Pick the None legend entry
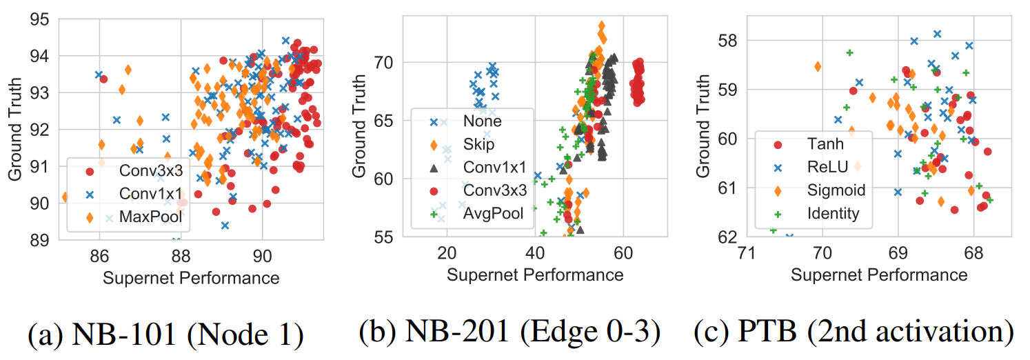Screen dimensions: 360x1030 pos(483,121)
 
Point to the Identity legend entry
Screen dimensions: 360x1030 pos(833,213)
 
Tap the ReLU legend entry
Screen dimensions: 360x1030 pos(827,167)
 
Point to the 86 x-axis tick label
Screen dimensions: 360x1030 pos(100,256)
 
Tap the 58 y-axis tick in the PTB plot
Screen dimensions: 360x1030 pos(728,40)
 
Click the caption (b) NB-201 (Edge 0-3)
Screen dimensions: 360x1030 pos(509,333)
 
